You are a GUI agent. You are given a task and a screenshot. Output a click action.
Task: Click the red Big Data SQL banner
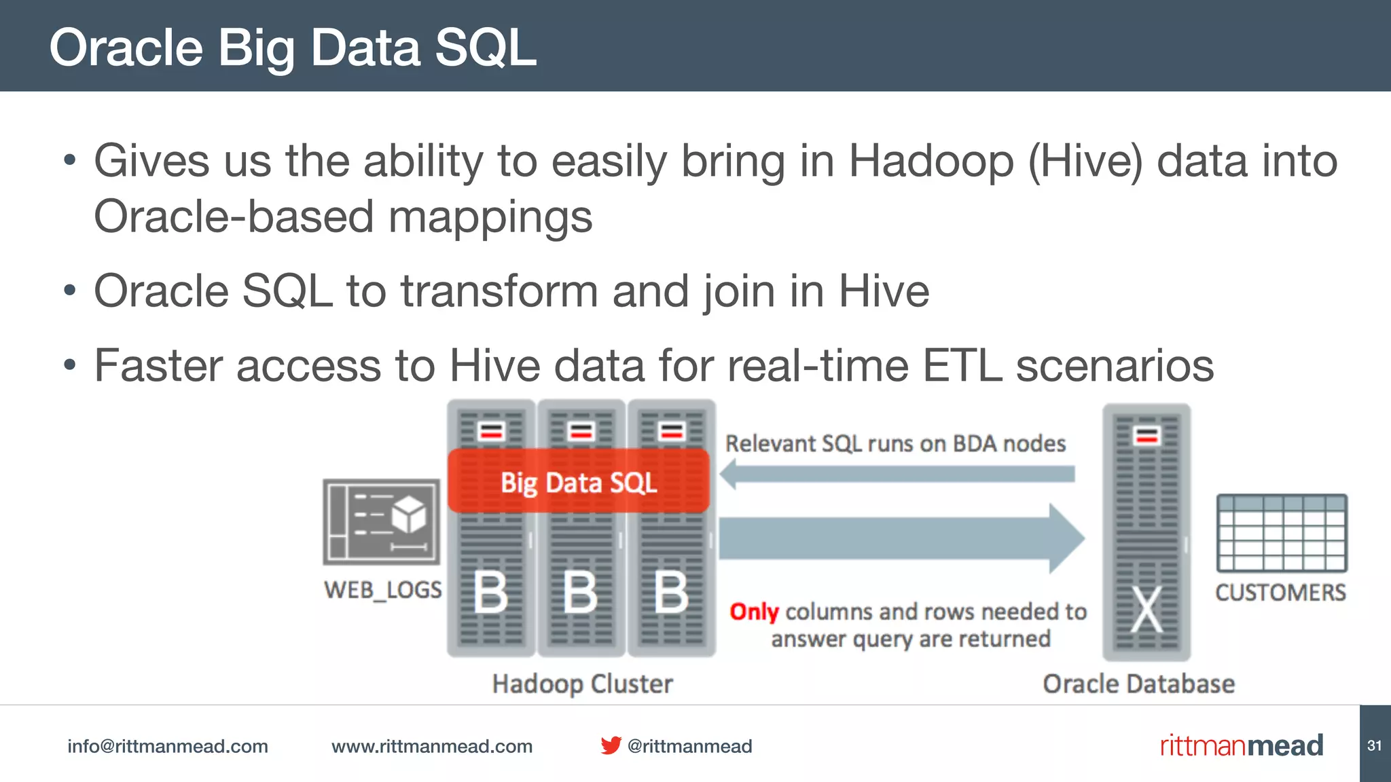point(579,482)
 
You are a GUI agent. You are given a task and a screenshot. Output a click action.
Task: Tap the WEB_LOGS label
point(383,590)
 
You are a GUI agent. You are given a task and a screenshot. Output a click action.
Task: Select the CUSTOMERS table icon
point(1282,534)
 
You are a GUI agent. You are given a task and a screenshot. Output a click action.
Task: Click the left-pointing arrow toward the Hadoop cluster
point(897,474)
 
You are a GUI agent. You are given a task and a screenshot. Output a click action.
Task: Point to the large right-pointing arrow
point(901,538)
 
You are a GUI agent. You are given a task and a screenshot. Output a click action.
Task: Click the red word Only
point(754,612)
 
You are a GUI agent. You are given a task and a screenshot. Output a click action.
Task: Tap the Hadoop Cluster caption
point(582,684)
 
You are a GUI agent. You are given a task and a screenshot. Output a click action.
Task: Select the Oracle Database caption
point(1138,684)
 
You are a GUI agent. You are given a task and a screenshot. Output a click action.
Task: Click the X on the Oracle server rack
point(1146,609)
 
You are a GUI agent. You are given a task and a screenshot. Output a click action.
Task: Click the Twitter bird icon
point(611,745)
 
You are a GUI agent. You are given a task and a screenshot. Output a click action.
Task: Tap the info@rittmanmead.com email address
point(168,746)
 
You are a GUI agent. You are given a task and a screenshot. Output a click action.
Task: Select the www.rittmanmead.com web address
point(432,746)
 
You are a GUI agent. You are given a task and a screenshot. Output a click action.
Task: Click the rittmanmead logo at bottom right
point(1242,745)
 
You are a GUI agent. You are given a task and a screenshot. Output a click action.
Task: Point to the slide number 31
point(1374,745)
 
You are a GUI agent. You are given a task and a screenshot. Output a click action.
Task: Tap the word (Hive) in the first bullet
point(1085,162)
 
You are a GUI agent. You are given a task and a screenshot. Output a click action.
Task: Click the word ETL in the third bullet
point(962,366)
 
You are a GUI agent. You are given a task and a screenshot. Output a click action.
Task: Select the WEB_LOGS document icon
point(382,522)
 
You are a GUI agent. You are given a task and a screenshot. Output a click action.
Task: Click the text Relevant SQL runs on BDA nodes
point(895,444)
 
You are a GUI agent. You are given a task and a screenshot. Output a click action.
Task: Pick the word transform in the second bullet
point(499,291)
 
